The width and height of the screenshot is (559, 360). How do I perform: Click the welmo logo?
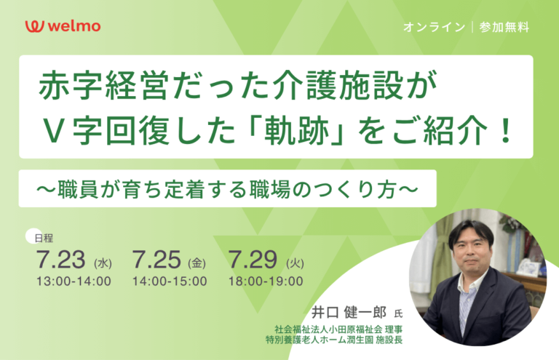tap(63, 26)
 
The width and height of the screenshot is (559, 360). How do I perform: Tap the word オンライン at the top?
tap(435, 27)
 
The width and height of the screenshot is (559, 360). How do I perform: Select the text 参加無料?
tap(504, 27)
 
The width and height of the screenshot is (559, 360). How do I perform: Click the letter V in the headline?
tap(53, 131)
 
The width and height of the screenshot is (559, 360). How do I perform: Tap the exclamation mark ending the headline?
tap(505, 131)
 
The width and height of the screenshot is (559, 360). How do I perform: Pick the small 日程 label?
tap(44, 239)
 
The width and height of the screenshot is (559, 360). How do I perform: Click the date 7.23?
tap(60, 259)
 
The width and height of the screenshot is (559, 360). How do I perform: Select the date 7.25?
tap(156, 259)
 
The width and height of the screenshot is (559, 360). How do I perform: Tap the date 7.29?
tap(253, 259)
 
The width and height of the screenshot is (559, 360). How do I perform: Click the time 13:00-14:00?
tap(74, 281)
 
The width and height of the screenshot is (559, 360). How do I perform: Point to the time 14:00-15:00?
tap(170, 281)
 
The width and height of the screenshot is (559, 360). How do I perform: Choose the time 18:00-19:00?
tap(266, 281)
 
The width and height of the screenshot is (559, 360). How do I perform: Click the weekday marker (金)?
tap(197, 263)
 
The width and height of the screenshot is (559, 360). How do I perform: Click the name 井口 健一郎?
tap(349, 313)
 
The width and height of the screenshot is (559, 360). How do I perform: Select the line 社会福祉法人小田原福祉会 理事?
tap(338, 329)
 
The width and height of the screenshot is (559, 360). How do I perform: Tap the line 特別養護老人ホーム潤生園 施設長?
tap(334, 340)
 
